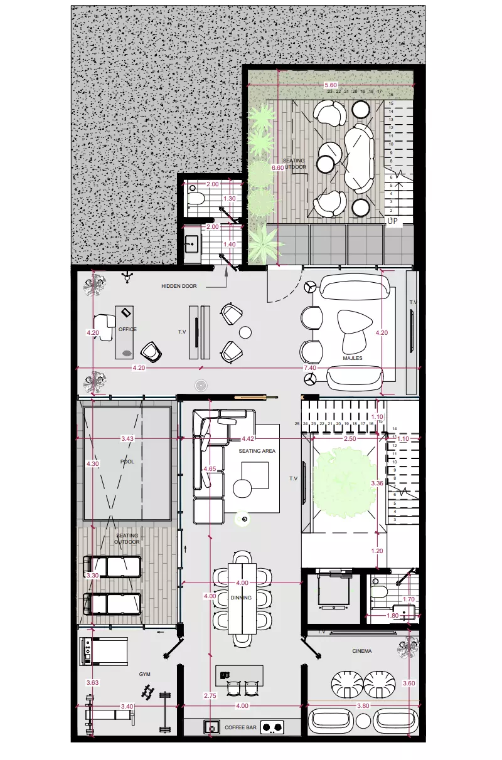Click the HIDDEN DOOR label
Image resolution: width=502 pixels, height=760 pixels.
coord(179,286)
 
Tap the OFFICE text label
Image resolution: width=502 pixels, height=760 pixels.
coord(127,329)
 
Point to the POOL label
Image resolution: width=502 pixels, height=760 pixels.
coord(127,462)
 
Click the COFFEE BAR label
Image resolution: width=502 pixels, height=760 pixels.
coord(239,727)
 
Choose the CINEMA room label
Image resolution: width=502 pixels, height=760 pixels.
coord(361,651)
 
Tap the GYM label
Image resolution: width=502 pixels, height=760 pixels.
coord(145,674)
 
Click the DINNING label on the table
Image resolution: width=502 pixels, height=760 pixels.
coord(241,598)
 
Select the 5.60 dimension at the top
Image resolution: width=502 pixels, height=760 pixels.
coord(331,85)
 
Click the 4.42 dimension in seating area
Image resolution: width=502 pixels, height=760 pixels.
coord(248,438)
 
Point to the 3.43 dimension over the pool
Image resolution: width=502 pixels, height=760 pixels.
coord(127,438)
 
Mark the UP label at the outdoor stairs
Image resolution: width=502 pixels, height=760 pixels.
coord(393,221)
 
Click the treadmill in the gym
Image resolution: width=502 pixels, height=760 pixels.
coord(103,651)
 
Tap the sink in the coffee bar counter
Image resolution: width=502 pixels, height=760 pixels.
coord(210,727)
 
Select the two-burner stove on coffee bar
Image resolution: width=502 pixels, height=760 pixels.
coord(272,727)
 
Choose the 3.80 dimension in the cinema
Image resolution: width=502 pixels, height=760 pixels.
coord(363,706)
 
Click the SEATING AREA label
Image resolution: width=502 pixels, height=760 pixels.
coord(257,451)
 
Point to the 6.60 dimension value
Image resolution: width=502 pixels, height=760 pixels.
coord(277,168)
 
